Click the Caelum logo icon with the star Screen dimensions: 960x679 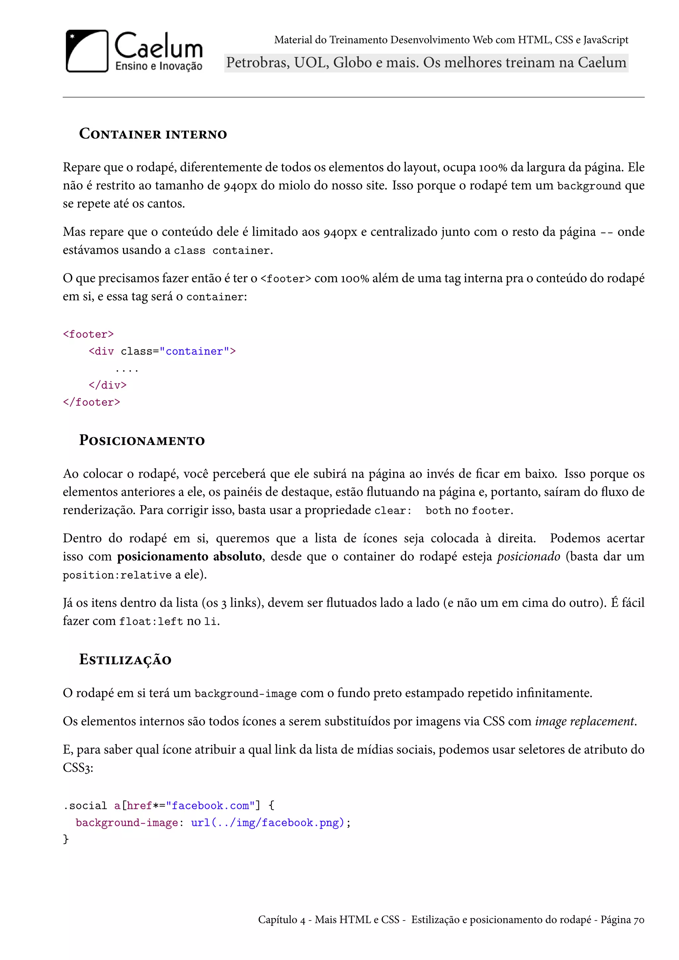click(87, 51)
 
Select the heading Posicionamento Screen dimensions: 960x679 click(142, 440)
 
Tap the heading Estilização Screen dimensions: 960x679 click(125, 660)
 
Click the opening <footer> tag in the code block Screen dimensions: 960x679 click(88, 334)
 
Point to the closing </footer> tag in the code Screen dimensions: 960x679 click(91, 402)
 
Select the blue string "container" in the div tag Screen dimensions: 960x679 click(194, 351)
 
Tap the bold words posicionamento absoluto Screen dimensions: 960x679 click(189, 557)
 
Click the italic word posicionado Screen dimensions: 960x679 click(528, 557)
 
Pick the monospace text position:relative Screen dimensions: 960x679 click(117, 575)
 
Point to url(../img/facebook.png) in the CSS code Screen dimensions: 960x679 click(268, 823)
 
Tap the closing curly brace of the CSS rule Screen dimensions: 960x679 click(66, 839)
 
